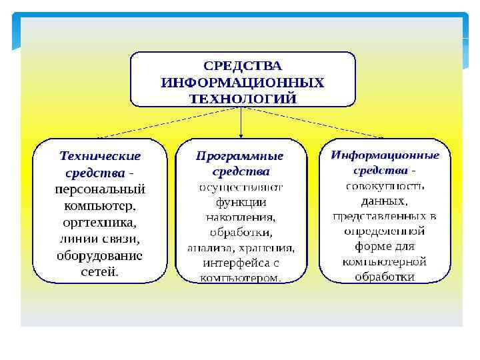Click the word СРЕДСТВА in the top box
pos(243,66)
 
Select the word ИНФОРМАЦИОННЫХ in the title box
pos(243,83)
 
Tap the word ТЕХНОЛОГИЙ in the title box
pos(243,99)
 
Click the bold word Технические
pos(100,156)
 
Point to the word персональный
pos(100,189)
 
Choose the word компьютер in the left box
pos(99,205)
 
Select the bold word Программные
pos(240,156)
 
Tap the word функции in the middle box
pos(241,202)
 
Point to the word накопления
pos(241,217)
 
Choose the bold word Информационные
pos(385,155)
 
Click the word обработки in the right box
pos(385,277)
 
